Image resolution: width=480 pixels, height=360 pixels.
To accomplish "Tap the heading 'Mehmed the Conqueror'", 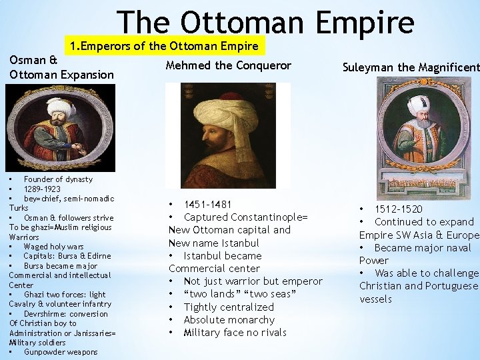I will [228, 65].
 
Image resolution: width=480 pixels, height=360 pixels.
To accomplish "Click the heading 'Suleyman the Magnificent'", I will [411, 67].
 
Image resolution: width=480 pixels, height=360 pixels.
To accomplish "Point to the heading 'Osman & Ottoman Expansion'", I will [61, 67].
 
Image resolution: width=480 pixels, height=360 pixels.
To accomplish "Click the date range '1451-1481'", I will [207, 204].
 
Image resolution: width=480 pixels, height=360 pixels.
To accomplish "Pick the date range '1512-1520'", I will [398, 209].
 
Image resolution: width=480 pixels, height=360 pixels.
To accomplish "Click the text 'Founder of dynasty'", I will [58, 179].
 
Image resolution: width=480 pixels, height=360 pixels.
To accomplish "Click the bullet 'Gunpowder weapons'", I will [60, 351].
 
